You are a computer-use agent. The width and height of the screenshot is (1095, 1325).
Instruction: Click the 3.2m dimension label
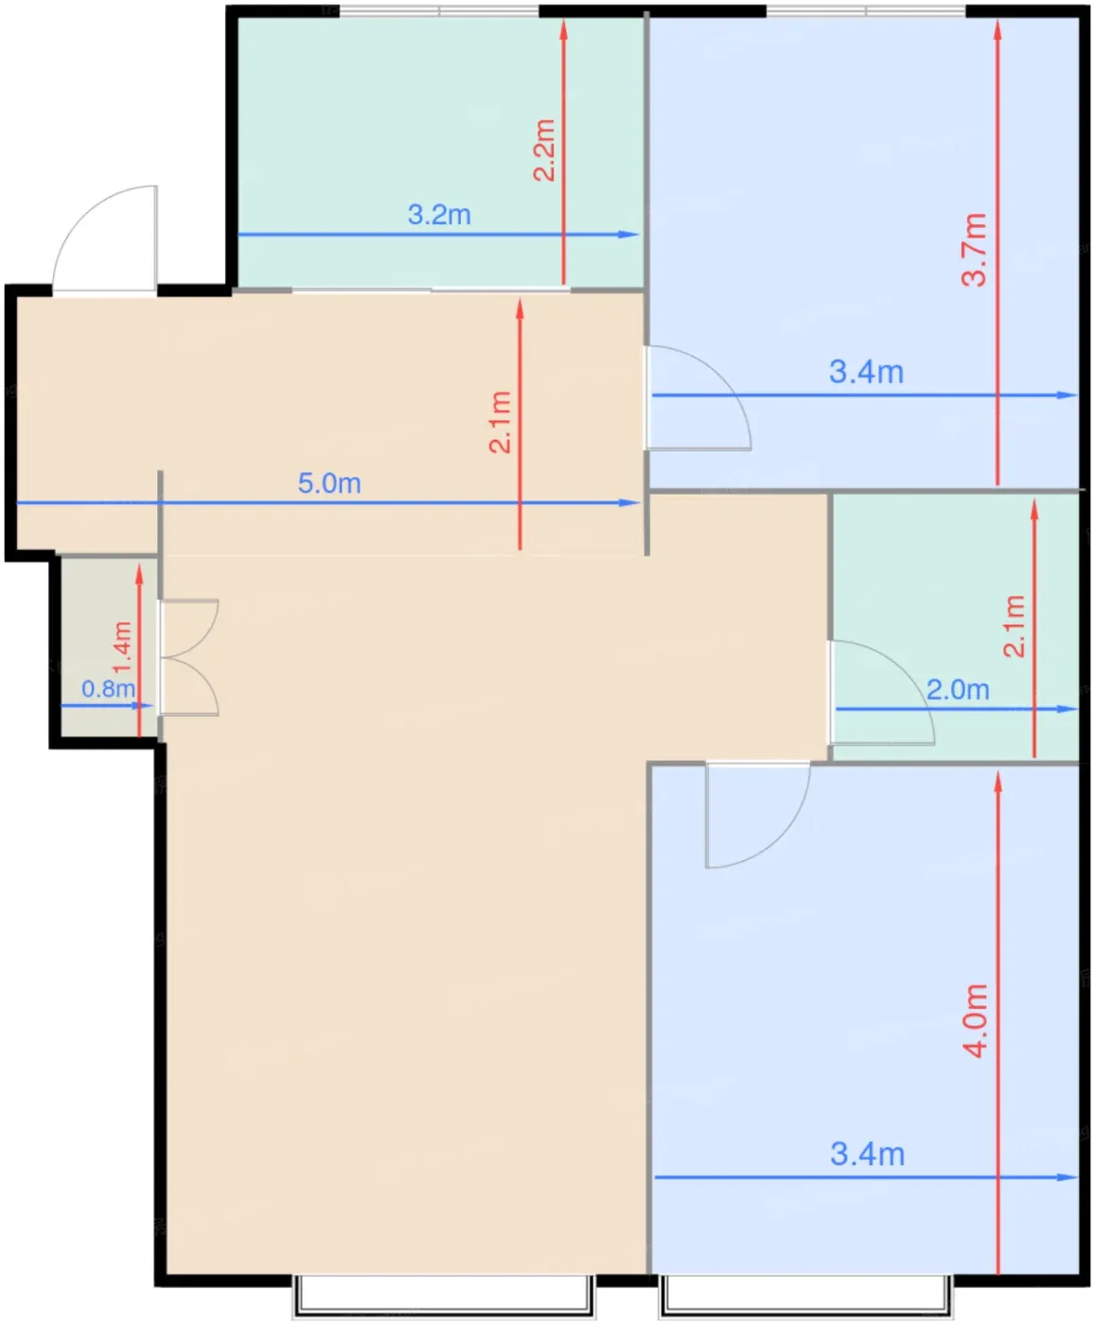tap(438, 215)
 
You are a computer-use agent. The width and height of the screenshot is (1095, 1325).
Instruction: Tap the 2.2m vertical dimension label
tap(544, 150)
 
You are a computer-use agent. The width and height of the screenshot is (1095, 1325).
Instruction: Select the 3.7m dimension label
tap(975, 250)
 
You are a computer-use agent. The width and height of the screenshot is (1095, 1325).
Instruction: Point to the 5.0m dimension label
tap(329, 484)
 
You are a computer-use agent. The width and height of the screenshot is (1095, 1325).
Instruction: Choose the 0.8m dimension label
tap(109, 688)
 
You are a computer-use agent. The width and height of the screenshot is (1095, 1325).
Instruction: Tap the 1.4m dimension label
tap(122, 646)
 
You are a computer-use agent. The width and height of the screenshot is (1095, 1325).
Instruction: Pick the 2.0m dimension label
tap(958, 690)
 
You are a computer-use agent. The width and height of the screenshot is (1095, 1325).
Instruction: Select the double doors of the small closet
tap(189, 658)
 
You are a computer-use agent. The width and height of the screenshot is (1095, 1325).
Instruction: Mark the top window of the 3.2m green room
tap(439, 10)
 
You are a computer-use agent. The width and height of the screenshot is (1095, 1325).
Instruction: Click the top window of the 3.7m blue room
tap(867, 10)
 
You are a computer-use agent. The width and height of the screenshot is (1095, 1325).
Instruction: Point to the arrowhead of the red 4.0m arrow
tap(998, 782)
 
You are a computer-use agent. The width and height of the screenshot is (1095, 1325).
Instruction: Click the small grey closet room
tap(109, 647)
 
